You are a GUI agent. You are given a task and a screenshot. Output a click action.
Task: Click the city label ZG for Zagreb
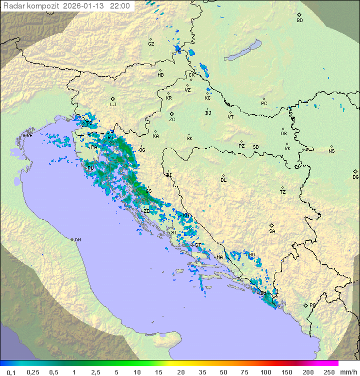tap(172, 120)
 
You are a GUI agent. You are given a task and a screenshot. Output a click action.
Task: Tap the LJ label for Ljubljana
tap(113, 105)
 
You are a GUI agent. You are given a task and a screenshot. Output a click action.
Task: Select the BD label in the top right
tap(299, 21)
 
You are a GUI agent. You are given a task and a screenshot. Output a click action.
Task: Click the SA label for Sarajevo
tap(272, 231)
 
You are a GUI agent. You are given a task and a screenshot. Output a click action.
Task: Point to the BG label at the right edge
tap(355, 177)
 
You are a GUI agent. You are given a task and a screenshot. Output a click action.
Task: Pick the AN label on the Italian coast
tap(77, 240)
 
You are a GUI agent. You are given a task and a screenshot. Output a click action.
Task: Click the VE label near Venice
tap(29, 136)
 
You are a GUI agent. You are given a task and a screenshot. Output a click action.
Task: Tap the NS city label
tap(331, 151)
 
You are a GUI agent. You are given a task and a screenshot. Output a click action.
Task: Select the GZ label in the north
tap(151, 44)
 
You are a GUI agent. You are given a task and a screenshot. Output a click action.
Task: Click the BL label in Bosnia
tap(223, 180)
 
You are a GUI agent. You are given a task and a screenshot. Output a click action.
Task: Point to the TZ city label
tap(282, 192)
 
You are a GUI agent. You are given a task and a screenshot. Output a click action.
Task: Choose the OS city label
tap(283, 134)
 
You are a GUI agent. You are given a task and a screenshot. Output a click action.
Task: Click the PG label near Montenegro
tap(312, 305)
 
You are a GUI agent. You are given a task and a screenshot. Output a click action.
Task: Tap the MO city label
tap(251, 255)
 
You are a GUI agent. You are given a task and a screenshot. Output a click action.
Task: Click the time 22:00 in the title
tap(120, 7)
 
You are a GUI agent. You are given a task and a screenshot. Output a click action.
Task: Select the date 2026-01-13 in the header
tap(87, 7)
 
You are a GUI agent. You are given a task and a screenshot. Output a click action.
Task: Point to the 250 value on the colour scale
tap(329, 372)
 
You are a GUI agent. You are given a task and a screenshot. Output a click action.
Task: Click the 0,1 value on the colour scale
tap(11, 372)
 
